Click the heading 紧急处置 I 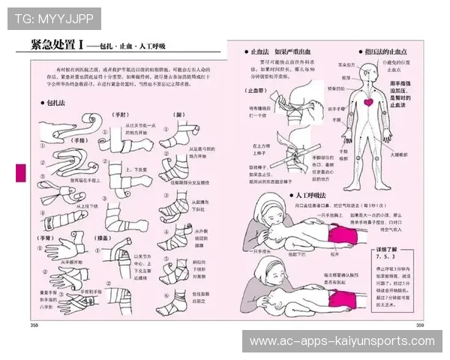click(57, 45)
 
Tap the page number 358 click(34, 325)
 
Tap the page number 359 click(419, 325)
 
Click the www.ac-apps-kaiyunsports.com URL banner click(341, 341)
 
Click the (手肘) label click(120, 115)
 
